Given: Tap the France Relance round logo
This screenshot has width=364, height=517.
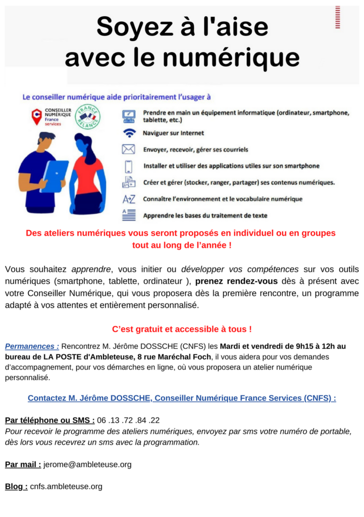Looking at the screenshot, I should [87, 117].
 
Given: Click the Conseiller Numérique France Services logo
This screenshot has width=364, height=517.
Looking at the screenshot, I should [50, 117].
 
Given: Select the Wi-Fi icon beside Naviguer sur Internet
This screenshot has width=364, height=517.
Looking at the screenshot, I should [129, 133].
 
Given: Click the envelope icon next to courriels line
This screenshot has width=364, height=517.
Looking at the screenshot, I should [129, 149].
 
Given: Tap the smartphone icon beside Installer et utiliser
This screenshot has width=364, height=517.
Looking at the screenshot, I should [129, 166].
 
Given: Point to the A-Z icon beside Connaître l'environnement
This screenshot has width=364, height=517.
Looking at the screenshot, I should [129, 199].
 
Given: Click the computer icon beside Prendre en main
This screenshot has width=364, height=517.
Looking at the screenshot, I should [129, 116].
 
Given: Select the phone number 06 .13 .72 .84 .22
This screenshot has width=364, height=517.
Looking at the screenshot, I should [128, 420].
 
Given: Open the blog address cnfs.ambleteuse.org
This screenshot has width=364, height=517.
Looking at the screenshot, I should [66, 487].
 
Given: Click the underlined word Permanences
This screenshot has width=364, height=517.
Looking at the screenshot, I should [32, 346].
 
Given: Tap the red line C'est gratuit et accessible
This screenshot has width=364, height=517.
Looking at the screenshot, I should [182, 329].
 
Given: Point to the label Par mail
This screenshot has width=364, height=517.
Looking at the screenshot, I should [23, 464].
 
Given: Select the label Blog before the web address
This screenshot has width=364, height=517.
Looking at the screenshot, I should [16, 487].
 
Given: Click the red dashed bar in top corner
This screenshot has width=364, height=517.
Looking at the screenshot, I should [338, 17].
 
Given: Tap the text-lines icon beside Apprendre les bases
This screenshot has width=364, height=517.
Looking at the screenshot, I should [129, 215].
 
